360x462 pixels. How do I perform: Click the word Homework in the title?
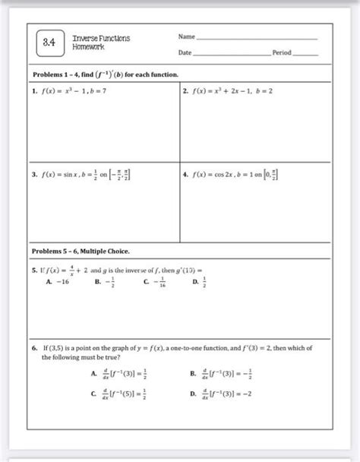click(88, 48)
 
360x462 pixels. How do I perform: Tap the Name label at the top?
click(187, 36)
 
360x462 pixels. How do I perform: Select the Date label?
click(185, 52)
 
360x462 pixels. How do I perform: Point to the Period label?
click(283, 52)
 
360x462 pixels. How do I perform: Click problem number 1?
click(35, 90)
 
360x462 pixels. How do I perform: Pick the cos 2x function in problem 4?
click(219, 173)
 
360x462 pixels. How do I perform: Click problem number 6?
click(35, 346)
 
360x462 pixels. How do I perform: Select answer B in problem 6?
click(223, 374)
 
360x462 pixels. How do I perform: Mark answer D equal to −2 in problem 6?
click(223, 394)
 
